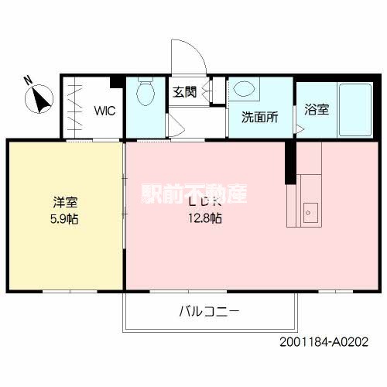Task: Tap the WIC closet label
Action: click(x=104, y=110)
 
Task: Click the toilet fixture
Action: click(x=145, y=96)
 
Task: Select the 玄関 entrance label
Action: click(x=184, y=91)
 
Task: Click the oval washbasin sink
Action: click(x=244, y=90)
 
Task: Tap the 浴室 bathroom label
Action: click(x=316, y=109)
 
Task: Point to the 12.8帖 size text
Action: click(x=204, y=218)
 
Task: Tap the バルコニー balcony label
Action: click(x=209, y=312)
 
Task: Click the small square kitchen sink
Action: click(x=310, y=210)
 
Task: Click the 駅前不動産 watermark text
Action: click(x=193, y=193)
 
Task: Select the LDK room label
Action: click(x=204, y=203)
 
